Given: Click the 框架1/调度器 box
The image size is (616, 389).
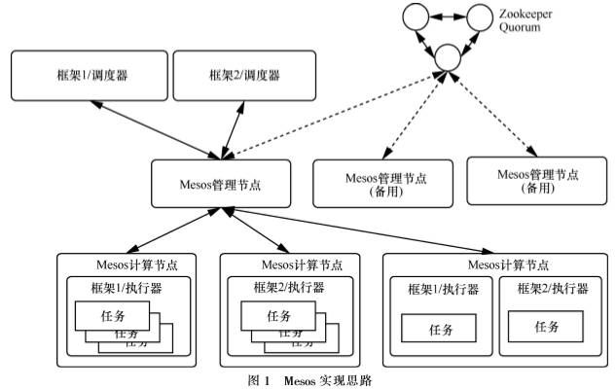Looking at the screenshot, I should (83, 75).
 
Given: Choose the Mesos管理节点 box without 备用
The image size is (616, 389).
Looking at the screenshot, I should (222, 182).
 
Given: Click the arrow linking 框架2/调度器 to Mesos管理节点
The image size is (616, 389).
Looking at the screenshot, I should (236, 124).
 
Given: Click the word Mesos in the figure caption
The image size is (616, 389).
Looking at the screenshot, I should (300, 380).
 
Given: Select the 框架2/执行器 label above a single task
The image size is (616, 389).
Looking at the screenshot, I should (551, 290).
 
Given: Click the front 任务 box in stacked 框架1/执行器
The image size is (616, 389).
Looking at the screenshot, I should (111, 315).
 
